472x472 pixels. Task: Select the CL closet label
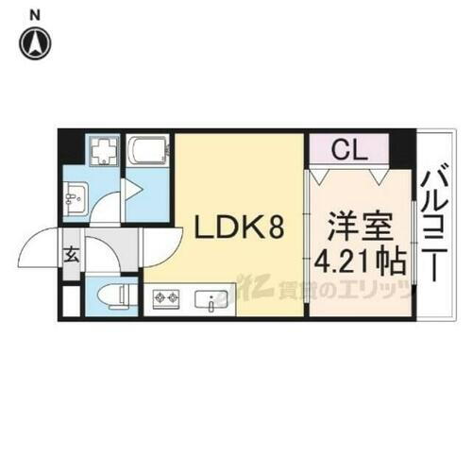click(346, 148)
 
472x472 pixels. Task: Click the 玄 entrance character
click(71, 252)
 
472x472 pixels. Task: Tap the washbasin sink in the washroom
click(76, 199)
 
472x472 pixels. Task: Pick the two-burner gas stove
click(167, 301)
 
